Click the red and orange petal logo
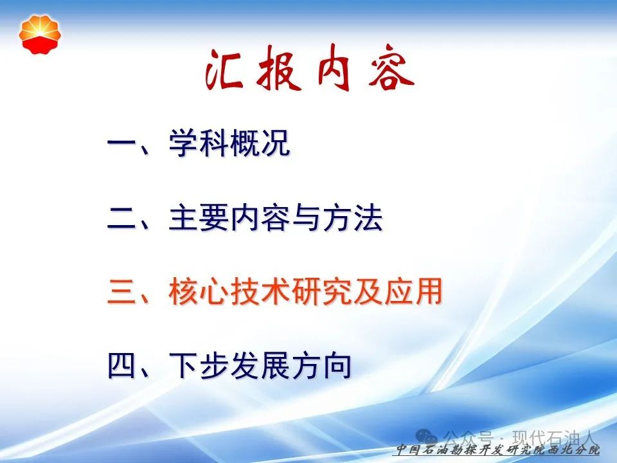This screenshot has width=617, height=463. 40,35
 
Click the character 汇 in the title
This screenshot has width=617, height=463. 224,69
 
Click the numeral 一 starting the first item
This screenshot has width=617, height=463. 121,143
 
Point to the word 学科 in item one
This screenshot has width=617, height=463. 199,143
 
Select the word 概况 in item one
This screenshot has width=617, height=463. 260,143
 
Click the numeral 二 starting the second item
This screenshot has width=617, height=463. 121,218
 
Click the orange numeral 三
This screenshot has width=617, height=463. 121,292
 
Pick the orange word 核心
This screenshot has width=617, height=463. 199,292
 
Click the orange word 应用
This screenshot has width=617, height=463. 413,292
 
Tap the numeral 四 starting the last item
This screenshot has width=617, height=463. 121,366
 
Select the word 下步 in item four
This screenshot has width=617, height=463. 199,366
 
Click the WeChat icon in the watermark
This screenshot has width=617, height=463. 427,437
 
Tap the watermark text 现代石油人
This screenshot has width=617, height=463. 553,437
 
